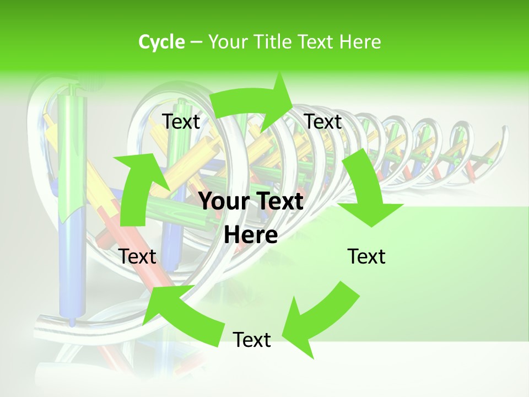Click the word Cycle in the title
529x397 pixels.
pos(161,42)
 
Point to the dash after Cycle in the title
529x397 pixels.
pos(196,42)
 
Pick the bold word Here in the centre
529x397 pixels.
pos(251,235)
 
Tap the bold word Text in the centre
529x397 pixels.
pos(279,202)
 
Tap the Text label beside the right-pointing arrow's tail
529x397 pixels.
pos(181,121)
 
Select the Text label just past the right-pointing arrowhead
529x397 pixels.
pos(323,121)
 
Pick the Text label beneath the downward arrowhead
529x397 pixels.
pos(366,256)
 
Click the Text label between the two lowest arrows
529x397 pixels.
pos(252,340)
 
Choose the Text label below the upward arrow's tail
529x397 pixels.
pos(137,256)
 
